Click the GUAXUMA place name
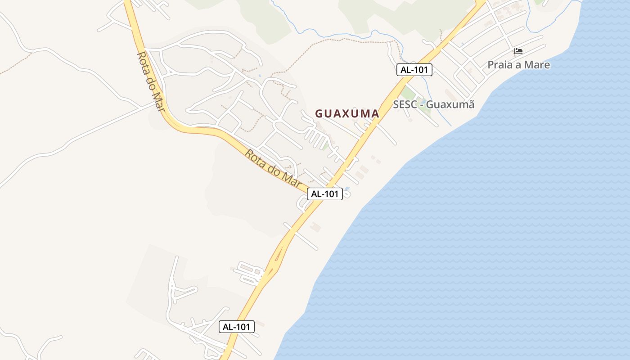pyautogui.click(x=347, y=114)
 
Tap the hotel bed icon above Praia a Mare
pyautogui.click(x=518, y=51)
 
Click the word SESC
pyautogui.click(x=405, y=104)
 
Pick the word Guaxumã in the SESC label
pyautogui.click(x=450, y=104)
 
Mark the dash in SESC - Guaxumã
pyautogui.click(x=421, y=105)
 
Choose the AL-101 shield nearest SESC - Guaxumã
pyautogui.click(x=414, y=70)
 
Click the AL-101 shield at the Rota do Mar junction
pyautogui.click(x=325, y=194)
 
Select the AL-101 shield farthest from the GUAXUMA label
pyautogui.click(x=237, y=327)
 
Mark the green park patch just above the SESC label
pyautogui.click(x=408, y=93)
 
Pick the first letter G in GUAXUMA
pyautogui.click(x=319, y=114)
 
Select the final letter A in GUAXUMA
pyautogui.click(x=375, y=114)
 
